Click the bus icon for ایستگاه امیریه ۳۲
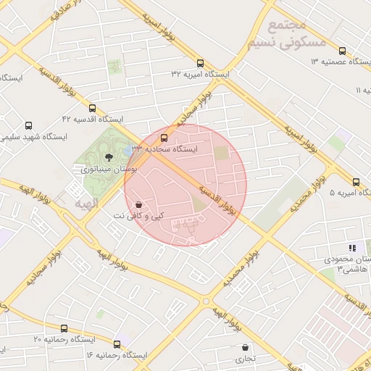(x=200, y=62)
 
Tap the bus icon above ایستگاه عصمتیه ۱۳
(x=342, y=51)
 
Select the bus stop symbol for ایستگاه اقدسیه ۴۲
(x=91, y=107)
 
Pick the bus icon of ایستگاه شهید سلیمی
(x=29, y=125)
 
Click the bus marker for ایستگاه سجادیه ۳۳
(x=164, y=136)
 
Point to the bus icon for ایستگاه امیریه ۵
(x=356, y=182)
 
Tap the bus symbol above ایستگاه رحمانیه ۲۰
(x=64, y=328)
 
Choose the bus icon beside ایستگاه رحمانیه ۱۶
(x=117, y=343)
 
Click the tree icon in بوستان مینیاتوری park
(x=109, y=156)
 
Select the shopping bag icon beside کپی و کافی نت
(x=138, y=204)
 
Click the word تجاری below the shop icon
(x=240, y=359)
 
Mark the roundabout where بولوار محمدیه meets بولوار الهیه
(x=207, y=300)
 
